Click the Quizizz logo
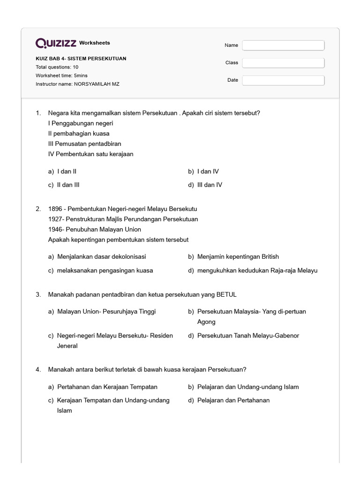click(56, 43)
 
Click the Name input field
click(283, 45)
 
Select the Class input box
click(283, 63)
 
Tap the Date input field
click(283, 80)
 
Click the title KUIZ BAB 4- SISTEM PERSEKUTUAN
click(81, 59)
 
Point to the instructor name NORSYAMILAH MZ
click(99, 84)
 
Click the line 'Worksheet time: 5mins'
click(61, 75)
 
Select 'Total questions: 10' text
click(57, 67)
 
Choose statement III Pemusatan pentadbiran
click(84, 144)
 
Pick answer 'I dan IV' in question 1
click(208, 172)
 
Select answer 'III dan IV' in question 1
click(210, 185)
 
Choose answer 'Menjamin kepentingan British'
click(238, 256)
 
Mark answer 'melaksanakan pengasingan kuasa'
click(105, 270)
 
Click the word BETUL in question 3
click(226, 294)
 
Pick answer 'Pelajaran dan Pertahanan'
click(233, 400)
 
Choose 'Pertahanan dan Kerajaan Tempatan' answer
click(107, 387)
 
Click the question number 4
click(37, 369)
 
